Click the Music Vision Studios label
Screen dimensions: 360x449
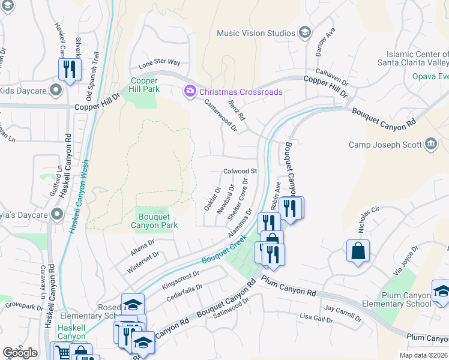pos(256,33)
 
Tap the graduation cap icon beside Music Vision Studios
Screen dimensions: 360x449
pos(305,32)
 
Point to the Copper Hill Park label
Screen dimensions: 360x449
pos(144,85)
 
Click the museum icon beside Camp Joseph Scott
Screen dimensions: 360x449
pos(430,144)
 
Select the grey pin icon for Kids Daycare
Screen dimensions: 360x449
pos(56,91)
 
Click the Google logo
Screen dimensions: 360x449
pos(20,353)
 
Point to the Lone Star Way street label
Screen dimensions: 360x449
pos(159,62)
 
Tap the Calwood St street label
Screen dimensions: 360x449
pos(240,172)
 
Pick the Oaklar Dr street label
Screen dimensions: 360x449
pos(209,198)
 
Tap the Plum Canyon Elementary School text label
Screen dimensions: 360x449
pos(406,299)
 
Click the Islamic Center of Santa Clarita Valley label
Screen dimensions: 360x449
pos(413,58)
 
